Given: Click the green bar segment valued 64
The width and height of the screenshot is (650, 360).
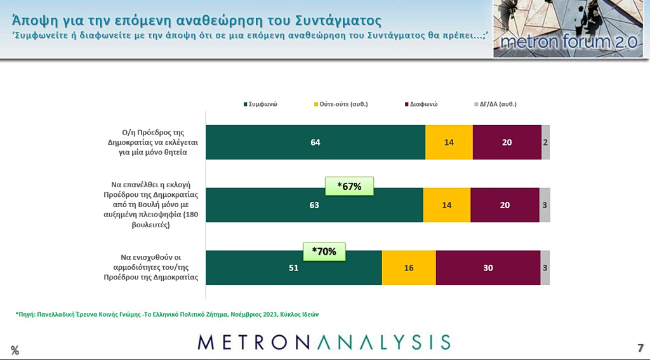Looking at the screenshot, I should [315, 142].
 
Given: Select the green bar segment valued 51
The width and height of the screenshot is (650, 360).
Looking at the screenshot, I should [294, 268].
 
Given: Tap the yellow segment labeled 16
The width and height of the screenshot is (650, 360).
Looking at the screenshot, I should [409, 268].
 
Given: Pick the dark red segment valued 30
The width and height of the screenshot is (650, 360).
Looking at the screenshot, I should [488, 268].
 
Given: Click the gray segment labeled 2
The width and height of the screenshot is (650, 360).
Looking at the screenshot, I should [545, 142].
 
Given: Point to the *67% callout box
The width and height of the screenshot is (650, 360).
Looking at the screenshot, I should [348, 186].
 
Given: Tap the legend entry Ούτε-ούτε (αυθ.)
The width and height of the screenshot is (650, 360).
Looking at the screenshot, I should [341, 104].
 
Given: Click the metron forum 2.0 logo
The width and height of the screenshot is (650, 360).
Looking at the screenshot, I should [568, 29].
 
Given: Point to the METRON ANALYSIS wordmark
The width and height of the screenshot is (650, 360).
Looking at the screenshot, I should [324, 342].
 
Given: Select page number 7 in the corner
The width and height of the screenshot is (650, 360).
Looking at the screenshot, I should [640, 348].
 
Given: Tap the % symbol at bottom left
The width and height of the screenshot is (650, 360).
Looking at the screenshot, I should [14, 350].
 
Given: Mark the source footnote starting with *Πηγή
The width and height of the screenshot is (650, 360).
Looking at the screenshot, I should [166, 314].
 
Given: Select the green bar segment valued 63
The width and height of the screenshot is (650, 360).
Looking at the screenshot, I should [314, 205].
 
